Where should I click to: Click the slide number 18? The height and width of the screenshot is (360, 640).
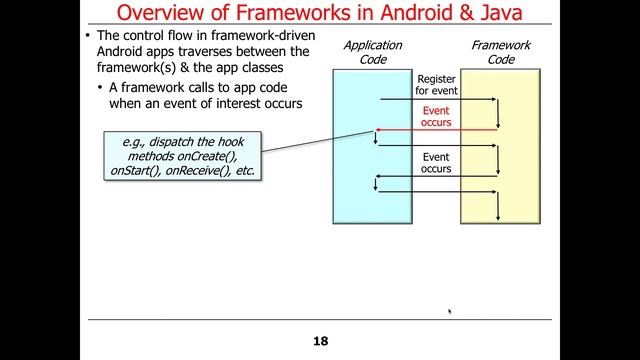(x=320, y=341)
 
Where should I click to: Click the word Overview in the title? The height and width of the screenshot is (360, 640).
(x=163, y=13)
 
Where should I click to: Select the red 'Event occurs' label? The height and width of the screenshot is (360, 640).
(x=436, y=117)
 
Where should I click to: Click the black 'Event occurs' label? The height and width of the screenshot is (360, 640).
(x=436, y=163)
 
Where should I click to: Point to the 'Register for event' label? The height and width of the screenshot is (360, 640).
(x=436, y=84)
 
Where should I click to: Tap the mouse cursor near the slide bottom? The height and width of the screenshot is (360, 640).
(x=449, y=312)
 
